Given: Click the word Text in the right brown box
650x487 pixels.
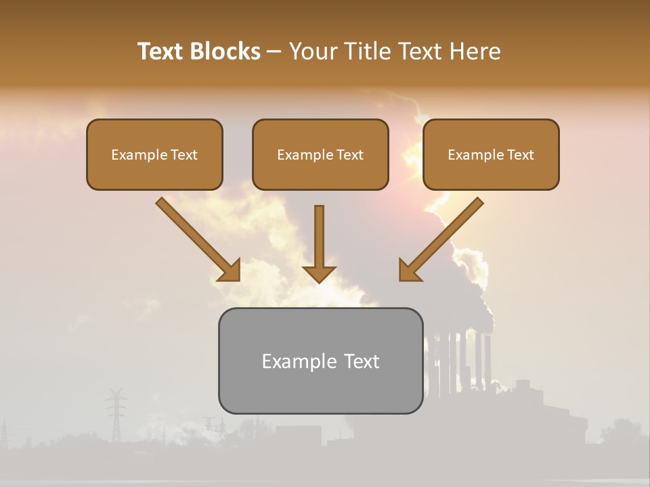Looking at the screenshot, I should pyautogui.click(x=520, y=155).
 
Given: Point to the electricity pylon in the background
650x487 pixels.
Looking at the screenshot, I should pyautogui.click(x=116, y=413).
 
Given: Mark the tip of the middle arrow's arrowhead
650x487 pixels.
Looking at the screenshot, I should pyautogui.click(x=319, y=282).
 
